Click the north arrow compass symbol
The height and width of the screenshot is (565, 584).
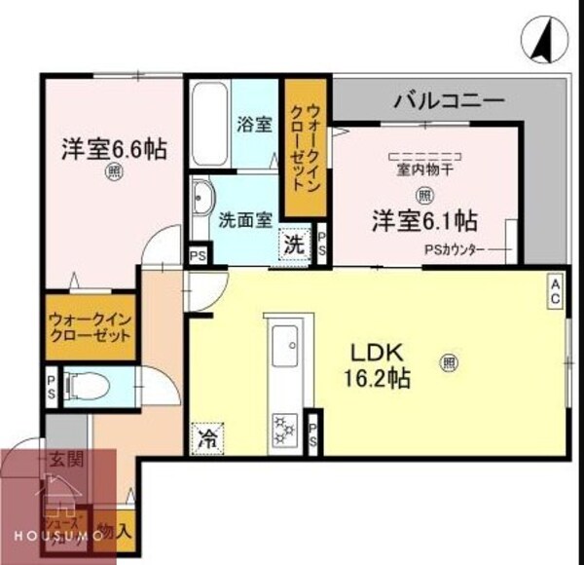540,39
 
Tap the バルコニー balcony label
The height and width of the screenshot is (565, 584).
448,100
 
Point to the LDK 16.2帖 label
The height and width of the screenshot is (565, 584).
378,365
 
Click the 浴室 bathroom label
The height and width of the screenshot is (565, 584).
253,126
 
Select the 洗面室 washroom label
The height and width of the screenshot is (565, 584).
244,219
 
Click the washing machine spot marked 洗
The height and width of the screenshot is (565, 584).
293,245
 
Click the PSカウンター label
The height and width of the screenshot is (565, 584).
454,248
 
